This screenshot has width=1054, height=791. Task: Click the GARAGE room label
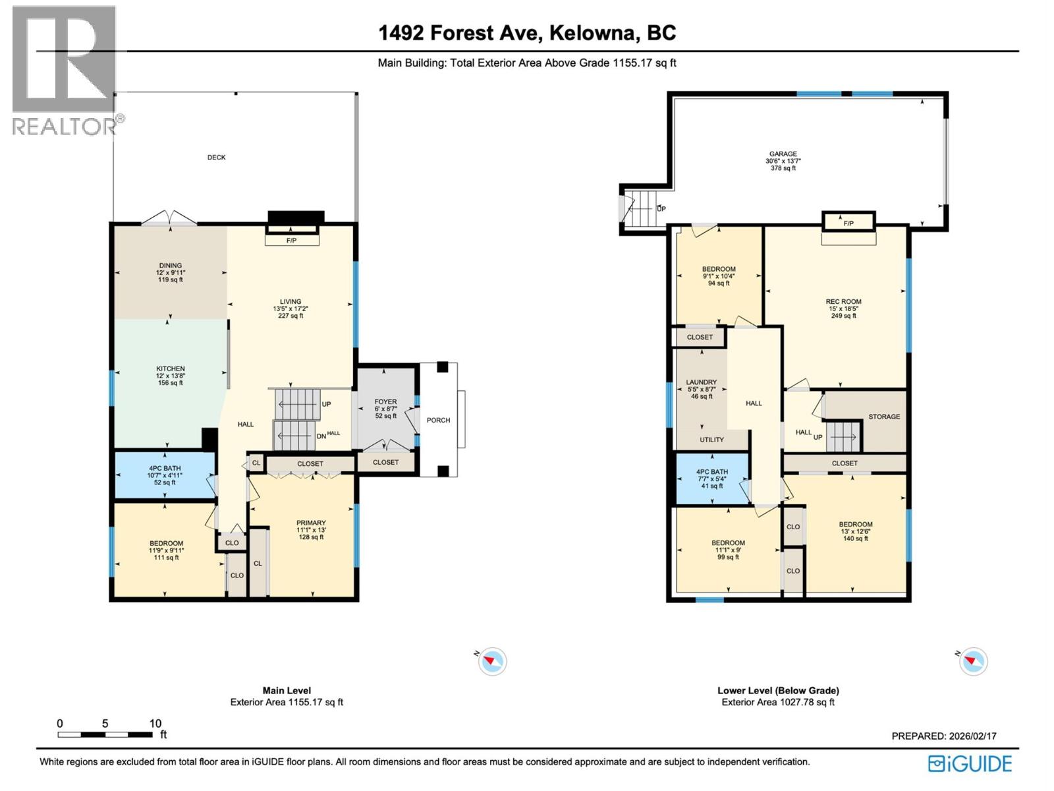(x=783, y=154)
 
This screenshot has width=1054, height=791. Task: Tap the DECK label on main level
(x=216, y=158)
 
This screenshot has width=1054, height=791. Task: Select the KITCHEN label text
(x=170, y=369)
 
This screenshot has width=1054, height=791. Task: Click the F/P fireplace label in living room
(x=291, y=241)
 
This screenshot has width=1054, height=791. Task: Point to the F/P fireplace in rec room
(x=848, y=223)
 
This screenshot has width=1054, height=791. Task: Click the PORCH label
(x=438, y=421)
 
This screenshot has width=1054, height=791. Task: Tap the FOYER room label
(x=385, y=402)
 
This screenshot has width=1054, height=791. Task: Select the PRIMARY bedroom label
(x=311, y=523)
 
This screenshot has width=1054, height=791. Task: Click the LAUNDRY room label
(x=701, y=382)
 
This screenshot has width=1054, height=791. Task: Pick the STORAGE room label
(x=883, y=417)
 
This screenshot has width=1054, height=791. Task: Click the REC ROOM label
(x=843, y=302)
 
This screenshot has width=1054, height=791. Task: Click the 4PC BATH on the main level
(x=164, y=469)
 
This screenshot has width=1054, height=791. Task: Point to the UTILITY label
(x=711, y=440)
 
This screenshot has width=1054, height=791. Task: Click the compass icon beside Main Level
(x=492, y=661)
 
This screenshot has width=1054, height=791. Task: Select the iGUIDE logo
(x=970, y=764)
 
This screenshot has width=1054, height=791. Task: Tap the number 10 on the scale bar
(x=155, y=724)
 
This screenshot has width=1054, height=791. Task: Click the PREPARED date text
(x=943, y=736)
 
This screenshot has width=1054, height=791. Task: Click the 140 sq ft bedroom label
(x=855, y=525)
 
